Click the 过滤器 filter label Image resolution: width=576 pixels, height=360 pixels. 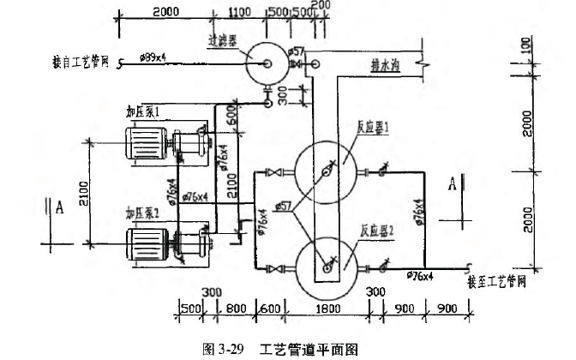click(x=223, y=39)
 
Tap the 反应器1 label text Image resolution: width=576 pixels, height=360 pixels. click(x=375, y=125)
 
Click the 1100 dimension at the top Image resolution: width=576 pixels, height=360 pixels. click(x=241, y=11)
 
